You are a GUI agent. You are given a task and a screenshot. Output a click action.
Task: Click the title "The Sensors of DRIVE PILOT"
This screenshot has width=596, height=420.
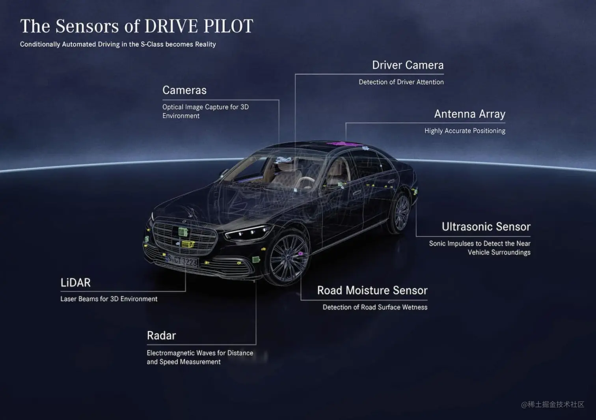[x=136, y=26]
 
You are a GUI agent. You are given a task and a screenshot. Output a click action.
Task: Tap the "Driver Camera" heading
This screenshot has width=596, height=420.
[x=408, y=65]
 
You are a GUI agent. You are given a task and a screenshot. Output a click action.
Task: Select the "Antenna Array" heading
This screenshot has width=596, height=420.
[x=469, y=114]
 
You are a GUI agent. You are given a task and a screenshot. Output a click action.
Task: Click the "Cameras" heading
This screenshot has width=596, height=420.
[x=184, y=90]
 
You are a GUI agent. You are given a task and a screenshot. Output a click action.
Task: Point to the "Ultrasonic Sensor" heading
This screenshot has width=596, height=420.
[x=486, y=227]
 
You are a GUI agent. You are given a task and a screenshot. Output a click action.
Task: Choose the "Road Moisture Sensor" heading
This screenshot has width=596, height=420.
[x=372, y=291]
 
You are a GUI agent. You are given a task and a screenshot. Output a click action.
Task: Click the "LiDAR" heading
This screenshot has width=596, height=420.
[x=76, y=283]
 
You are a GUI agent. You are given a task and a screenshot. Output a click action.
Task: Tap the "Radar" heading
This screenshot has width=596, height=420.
[x=161, y=336]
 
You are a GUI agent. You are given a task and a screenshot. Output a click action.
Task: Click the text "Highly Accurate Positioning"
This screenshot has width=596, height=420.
[x=465, y=131]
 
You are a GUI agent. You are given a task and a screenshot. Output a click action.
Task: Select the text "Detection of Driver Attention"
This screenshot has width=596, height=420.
[x=401, y=82]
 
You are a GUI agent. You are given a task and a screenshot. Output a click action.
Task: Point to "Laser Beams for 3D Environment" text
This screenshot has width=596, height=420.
[x=109, y=299]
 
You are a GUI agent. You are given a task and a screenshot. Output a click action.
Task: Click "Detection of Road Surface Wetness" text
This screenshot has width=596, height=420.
[x=375, y=307]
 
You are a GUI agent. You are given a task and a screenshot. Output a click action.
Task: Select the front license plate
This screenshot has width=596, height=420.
[x=182, y=260]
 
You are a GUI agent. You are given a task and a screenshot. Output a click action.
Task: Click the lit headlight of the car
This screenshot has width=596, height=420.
[x=248, y=232]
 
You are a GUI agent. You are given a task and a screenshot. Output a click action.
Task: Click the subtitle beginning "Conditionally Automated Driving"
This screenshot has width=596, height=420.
[x=118, y=44]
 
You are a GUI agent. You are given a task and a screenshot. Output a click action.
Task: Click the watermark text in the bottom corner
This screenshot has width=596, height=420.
[x=553, y=405]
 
